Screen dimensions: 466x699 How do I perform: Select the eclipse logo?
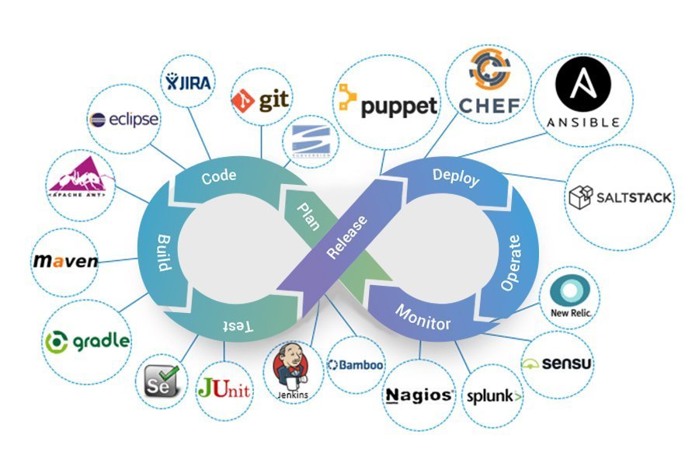tap(124, 120)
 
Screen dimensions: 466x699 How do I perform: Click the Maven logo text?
tap(66, 261)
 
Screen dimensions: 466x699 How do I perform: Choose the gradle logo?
tap(87, 341)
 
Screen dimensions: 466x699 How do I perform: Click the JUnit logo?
tap(224, 386)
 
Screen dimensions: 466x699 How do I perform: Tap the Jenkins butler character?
tap(291, 370)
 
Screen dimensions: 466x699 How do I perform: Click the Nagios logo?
tap(419, 395)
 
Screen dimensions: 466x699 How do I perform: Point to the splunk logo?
tap(494, 396)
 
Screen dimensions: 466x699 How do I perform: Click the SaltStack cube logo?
tap(582, 197)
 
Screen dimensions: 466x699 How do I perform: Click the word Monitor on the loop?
tap(423, 318)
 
